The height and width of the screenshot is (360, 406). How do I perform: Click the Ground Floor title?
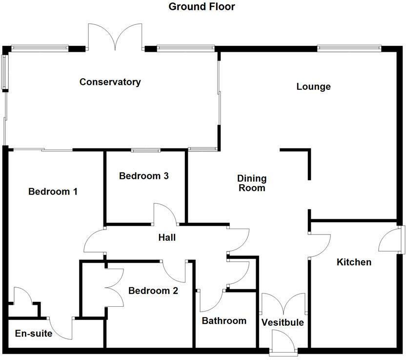pos(202,7)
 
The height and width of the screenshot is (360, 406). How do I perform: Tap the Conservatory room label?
pos(110,82)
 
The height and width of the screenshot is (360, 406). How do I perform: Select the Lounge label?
pos(313,87)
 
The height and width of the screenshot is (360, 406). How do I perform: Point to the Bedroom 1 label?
pos(53,191)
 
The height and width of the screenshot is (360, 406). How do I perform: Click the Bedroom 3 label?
pos(144,176)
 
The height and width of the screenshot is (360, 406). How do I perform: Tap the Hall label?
pos(167,238)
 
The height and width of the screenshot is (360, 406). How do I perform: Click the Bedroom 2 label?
pos(153,291)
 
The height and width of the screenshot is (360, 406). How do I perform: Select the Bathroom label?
pos(224,321)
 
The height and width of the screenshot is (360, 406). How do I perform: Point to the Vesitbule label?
pos(283,322)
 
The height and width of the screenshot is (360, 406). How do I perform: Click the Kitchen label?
pos(354,262)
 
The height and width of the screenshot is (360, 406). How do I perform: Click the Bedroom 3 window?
pos(145,150)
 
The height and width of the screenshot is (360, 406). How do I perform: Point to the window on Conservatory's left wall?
pos(4,72)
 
